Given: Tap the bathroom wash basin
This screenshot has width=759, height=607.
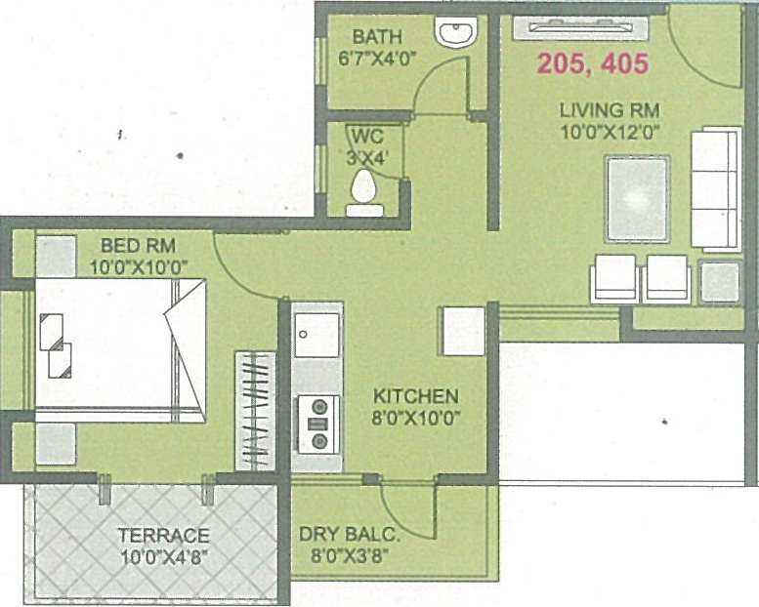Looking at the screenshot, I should pyautogui.click(x=456, y=35).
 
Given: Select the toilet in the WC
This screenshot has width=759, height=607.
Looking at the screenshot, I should pyautogui.click(x=364, y=189).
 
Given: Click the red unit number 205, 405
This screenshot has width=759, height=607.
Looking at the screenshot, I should pyautogui.click(x=592, y=65).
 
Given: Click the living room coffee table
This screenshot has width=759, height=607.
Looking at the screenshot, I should pyautogui.click(x=637, y=198).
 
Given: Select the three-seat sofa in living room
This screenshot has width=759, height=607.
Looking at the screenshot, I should pyautogui.click(x=716, y=188).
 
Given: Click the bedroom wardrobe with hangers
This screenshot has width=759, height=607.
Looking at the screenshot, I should pyautogui.click(x=257, y=410).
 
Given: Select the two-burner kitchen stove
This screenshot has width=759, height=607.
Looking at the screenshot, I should pyautogui.click(x=317, y=423).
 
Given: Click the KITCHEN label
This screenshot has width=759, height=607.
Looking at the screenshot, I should pyautogui.click(x=416, y=397).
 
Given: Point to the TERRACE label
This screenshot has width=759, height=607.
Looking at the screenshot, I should pyautogui.click(x=163, y=535).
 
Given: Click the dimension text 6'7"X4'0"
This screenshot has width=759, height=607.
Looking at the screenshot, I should pyautogui.click(x=378, y=58).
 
